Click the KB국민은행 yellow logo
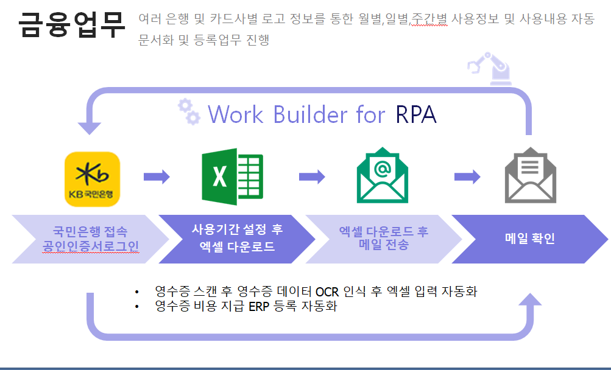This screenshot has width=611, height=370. click(x=93, y=179)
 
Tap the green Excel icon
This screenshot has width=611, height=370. click(x=233, y=176)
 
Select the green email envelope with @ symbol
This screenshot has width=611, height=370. click(x=383, y=175)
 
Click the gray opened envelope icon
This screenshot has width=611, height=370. click(x=531, y=175)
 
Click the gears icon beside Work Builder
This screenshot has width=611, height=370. click(x=189, y=111)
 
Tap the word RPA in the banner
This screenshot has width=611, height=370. click(x=416, y=114)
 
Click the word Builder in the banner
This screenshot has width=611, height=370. click(x=310, y=114)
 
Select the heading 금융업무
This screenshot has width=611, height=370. click(x=72, y=24)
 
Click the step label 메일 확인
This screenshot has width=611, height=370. click(x=530, y=239)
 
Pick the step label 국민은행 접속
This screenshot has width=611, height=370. click(x=90, y=231)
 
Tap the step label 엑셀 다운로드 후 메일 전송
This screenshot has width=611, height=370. click(x=384, y=238)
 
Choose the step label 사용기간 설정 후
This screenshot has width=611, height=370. click(x=238, y=229)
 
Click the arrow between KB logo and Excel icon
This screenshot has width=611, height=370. click(x=157, y=177)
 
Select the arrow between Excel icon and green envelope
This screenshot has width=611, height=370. click(x=312, y=177)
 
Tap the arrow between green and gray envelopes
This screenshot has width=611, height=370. click(x=468, y=177)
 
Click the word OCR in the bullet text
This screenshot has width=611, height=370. click(x=327, y=291)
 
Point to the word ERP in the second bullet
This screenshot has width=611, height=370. click(x=259, y=307)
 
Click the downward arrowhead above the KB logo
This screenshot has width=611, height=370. click(x=89, y=128)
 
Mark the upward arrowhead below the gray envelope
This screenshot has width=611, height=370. click(x=530, y=299)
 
